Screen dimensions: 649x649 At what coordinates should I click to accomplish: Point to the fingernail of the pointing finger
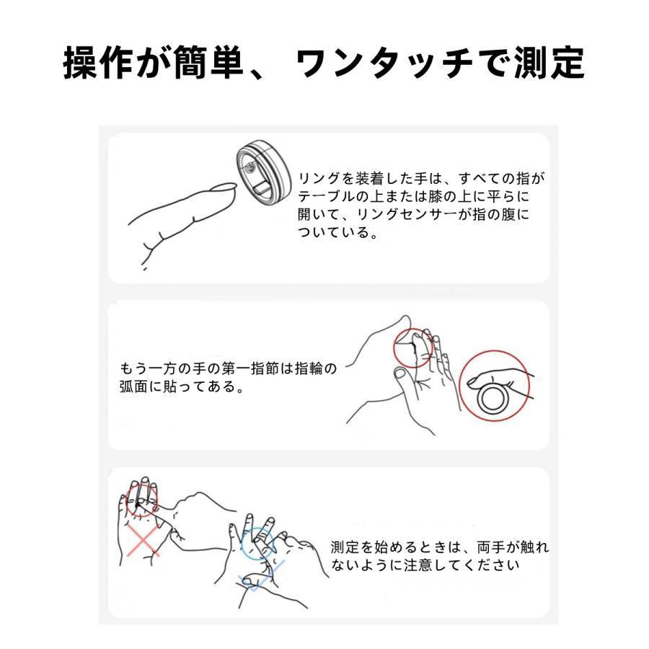[x=227, y=188]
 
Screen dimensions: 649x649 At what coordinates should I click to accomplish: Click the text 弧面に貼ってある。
[x=180, y=387]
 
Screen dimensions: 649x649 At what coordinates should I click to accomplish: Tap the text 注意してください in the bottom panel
[x=469, y=565]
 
